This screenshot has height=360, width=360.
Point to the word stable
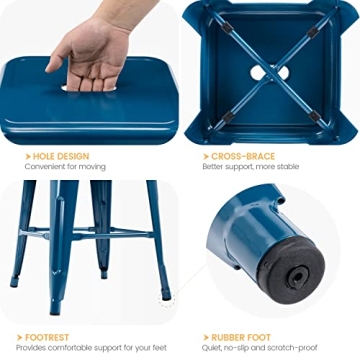[288, 168]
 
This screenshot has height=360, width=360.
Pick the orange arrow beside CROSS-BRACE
[205, 157]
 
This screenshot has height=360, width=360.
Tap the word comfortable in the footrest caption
[70, 349]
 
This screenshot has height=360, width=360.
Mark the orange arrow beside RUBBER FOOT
[205, 338]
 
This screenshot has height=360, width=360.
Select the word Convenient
[39, 168]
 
